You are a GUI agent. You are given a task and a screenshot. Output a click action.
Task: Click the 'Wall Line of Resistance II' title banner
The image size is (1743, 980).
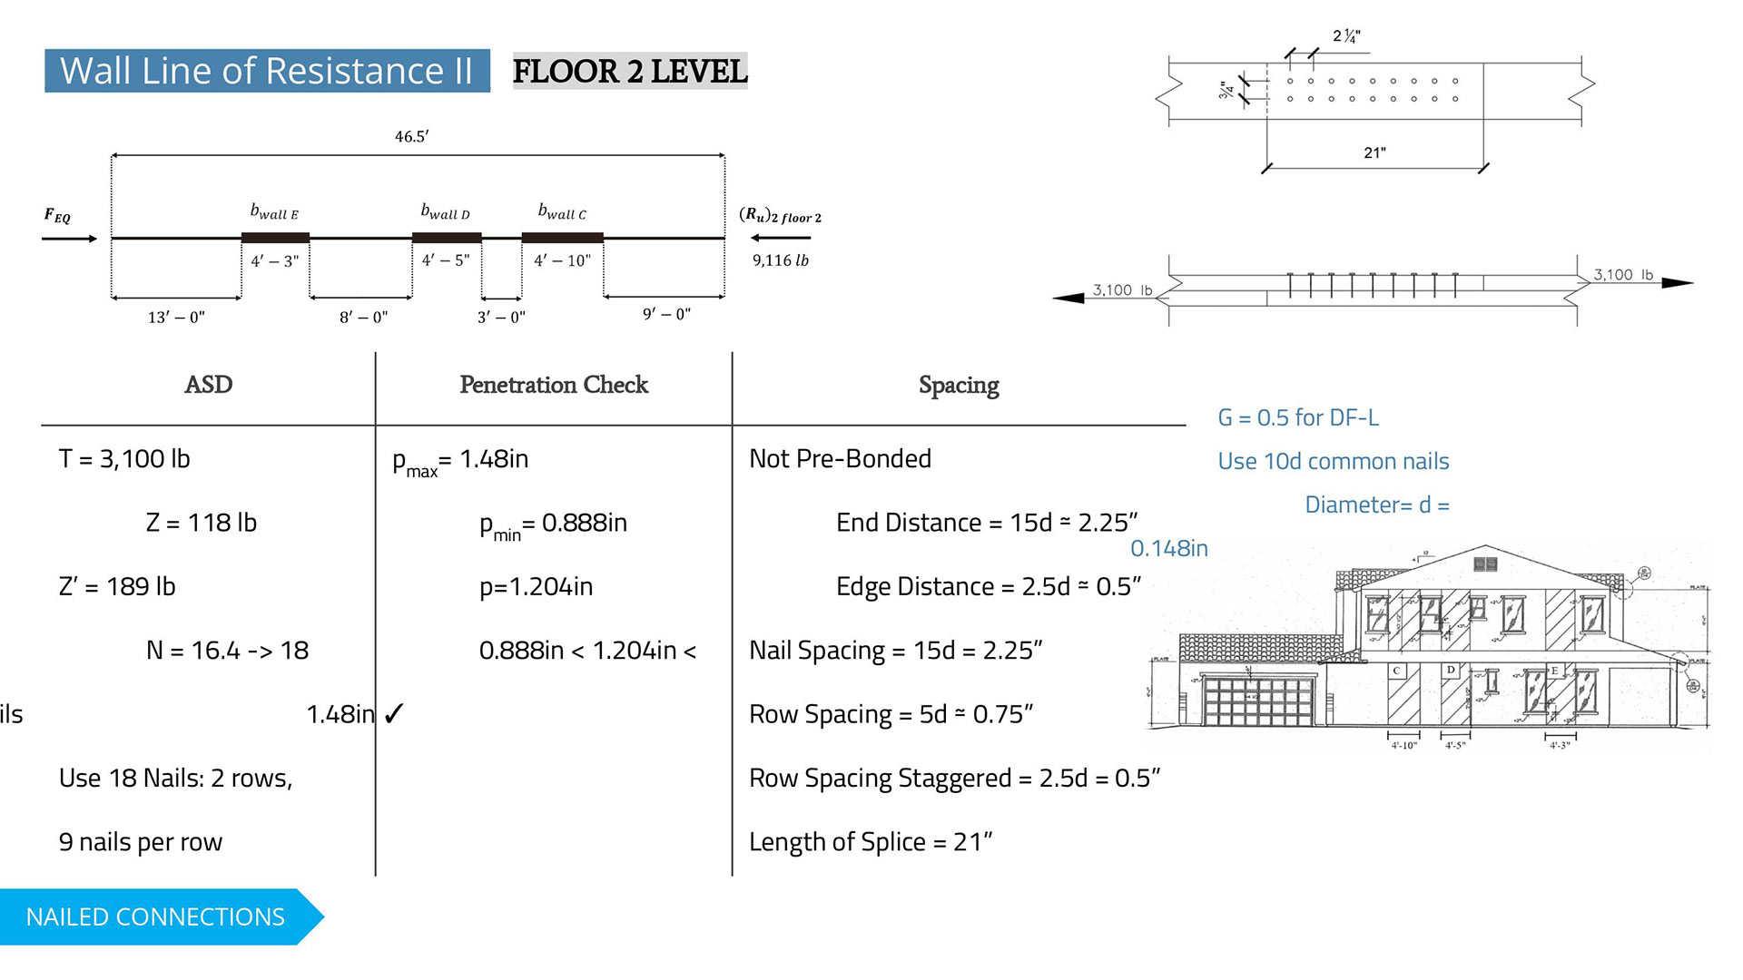267,71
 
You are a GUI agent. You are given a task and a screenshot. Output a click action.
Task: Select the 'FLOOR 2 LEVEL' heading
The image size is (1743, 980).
630,71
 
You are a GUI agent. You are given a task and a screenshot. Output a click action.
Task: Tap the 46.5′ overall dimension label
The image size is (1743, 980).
411,137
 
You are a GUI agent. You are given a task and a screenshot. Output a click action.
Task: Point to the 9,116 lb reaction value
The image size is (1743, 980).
780,260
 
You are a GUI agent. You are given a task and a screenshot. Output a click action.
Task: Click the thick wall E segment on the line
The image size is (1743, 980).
275,238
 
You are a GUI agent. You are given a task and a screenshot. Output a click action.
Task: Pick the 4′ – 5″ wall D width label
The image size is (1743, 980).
446,260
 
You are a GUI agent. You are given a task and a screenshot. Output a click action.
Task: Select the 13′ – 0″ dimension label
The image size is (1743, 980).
176,317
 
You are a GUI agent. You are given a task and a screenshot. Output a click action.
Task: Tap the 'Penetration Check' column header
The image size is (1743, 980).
554,385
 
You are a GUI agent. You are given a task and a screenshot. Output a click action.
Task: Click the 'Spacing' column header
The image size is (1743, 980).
959,386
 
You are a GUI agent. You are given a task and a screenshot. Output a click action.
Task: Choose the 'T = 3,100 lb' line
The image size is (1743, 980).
124,459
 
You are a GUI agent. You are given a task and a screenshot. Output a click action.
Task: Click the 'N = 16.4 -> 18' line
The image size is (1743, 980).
227,651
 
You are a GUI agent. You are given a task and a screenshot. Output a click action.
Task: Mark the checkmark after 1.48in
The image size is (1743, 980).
393,715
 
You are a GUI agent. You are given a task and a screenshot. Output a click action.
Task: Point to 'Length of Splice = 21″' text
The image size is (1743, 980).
871,842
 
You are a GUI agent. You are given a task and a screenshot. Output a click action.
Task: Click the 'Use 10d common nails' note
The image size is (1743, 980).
1333,461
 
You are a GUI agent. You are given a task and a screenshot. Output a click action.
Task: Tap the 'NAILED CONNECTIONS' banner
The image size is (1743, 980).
155,916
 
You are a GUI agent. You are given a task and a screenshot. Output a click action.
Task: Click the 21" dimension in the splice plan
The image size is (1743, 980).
1374,152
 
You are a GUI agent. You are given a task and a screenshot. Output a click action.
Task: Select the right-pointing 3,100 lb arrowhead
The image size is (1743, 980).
1677,283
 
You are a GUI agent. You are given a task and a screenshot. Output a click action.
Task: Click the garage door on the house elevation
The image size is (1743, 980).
1258,701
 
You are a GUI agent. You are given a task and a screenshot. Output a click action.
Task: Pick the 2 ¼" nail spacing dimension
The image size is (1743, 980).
1346,36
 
